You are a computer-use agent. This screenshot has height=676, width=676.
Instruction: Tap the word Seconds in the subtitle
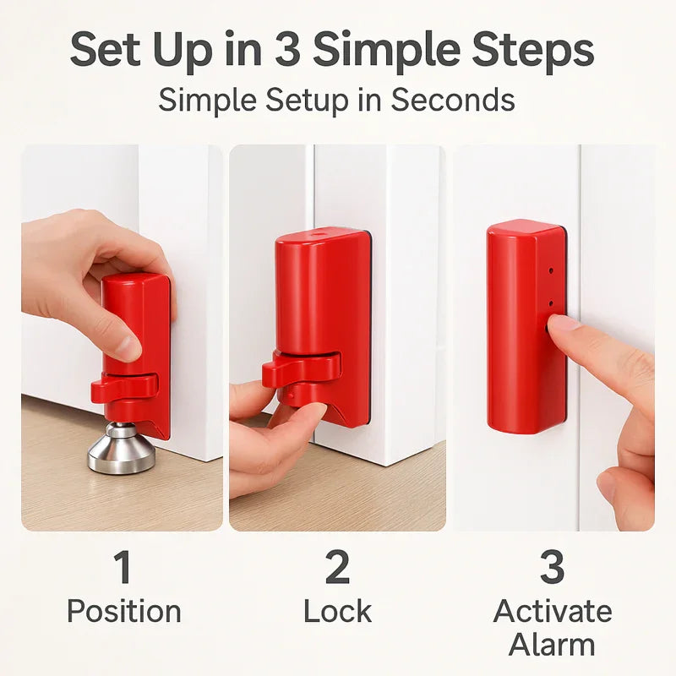[x=452, y=100]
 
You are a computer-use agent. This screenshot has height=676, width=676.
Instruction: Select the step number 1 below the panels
[x=123, y=568]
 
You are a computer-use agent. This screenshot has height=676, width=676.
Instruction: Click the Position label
[x=123, y=611]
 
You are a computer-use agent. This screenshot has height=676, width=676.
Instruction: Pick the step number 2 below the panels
[x=337, y=568]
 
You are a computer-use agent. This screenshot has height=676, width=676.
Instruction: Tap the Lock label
[x=337, y=611]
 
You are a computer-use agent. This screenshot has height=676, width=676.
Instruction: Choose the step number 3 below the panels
[x=552, y=568]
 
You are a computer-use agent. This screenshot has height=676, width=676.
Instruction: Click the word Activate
[x=552, y=611]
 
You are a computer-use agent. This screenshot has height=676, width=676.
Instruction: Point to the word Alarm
[x=552, y=644]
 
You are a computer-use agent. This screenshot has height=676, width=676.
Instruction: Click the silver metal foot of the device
[x=122, y=448]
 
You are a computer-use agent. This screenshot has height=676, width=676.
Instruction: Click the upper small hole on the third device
[x=550, y=272]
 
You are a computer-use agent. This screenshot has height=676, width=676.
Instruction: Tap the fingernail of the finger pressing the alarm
[x=561, y=323]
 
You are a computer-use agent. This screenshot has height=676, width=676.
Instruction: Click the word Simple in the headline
[x=372, y=51]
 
